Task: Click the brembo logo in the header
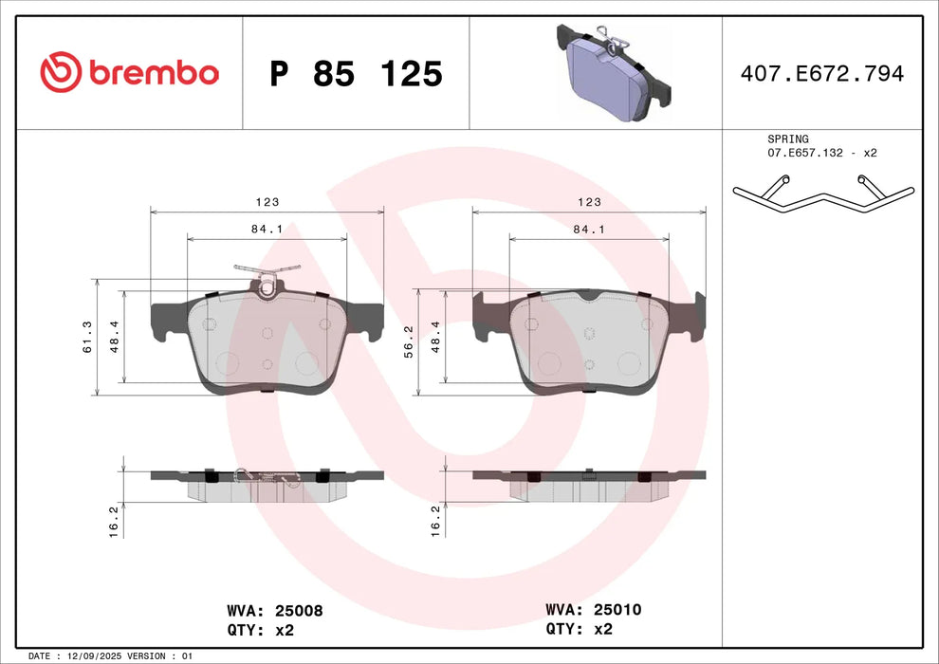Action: [x=129, y=72]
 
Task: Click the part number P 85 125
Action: [x=356, y=74]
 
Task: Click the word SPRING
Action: [x=787, y=138]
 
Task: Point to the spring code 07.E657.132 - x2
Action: [x=821, y=153]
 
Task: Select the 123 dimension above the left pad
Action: [x=267, y=202]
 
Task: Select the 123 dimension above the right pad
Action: [x=589, y=202]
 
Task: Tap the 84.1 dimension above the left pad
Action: [x=267, y=229]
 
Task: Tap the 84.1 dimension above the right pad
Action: [x=589, y=229]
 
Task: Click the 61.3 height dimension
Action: [x=87, y=337]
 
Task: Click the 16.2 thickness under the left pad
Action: [x=114, y=521]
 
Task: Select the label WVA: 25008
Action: [x=275, y=611]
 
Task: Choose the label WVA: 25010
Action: [x=594, y=610]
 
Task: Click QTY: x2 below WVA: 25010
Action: [x=579, y=628]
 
